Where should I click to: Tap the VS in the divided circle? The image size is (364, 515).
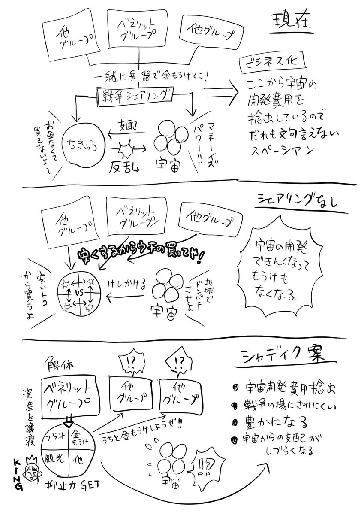tap(78, 294)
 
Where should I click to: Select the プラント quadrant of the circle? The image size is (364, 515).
tap(54, 436)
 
